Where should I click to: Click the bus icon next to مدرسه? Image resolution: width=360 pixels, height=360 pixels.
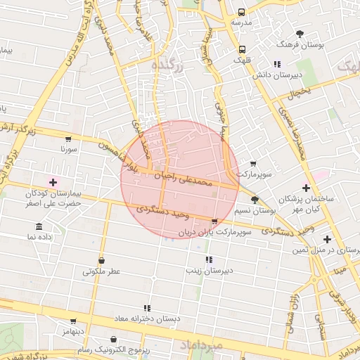(241, 13)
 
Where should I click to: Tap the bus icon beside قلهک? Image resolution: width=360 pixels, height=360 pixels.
(241, 49)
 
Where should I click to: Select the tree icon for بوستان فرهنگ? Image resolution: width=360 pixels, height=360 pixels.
(300, 34)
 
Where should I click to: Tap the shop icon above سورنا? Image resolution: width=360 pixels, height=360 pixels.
(67, 139)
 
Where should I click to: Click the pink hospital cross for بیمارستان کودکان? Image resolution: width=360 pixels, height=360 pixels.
(53, 182)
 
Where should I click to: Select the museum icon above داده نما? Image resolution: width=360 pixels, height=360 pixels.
(39, 228)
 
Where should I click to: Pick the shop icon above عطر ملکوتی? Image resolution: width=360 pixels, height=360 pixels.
(102, 260)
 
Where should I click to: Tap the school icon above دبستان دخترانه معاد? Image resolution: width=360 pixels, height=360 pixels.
(147, 308)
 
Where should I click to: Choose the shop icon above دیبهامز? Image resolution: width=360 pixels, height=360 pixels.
(72, 321)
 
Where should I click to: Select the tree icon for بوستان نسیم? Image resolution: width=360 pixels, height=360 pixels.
(255, 200)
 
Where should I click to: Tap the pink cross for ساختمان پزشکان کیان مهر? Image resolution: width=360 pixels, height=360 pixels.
(306, 188)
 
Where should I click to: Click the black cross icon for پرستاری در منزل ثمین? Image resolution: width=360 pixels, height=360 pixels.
(327, 239)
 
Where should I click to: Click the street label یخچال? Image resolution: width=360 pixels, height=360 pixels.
(300, 92)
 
